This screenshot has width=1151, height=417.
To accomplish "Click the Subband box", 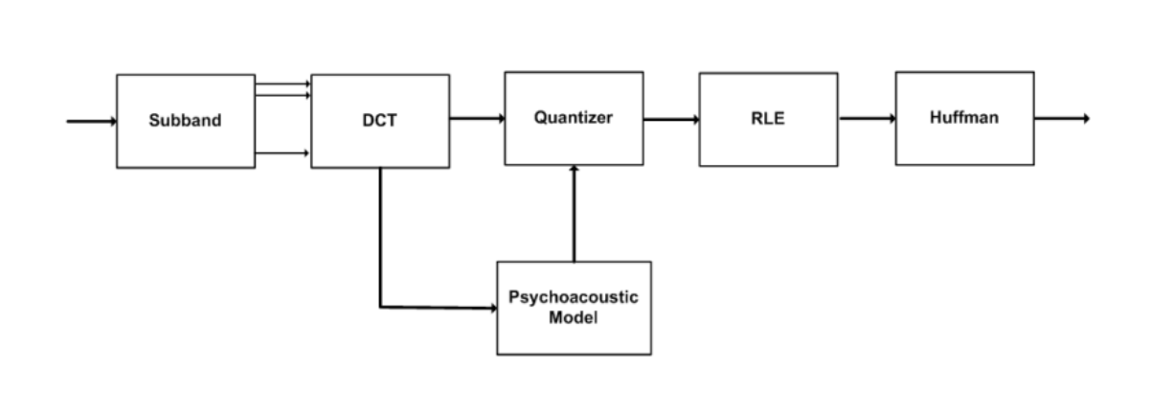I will pos(185,122).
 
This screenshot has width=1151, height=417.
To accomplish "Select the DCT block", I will pos(380,122).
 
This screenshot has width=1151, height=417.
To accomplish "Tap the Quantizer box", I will pos(574,118).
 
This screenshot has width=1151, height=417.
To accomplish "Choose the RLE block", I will pos(768,119).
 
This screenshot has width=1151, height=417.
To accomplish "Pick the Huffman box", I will pos(964,118).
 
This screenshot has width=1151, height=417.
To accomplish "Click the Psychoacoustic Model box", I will pos(574,308).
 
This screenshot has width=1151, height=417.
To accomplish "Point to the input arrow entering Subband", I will pos(91,122).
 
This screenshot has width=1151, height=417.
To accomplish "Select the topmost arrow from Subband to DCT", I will pos(282,85).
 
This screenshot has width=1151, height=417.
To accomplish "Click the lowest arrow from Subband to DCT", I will pos(282,152).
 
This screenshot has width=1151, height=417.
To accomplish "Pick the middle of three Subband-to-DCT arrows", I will pos(282,95).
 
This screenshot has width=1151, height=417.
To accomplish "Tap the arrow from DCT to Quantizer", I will pos(477,119).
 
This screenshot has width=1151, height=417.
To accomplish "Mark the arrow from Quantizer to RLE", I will pos(670,120).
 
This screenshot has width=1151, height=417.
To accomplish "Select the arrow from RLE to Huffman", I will pos(867,119).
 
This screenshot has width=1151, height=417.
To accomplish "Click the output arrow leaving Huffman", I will pos(1061,119).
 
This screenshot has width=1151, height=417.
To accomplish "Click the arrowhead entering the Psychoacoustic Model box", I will pos(491,309).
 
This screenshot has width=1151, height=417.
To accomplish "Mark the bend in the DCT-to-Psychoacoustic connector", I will pos(380,308).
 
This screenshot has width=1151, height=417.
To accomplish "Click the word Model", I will pos(573,317).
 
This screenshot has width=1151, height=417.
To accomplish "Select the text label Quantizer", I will pos(574,118).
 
